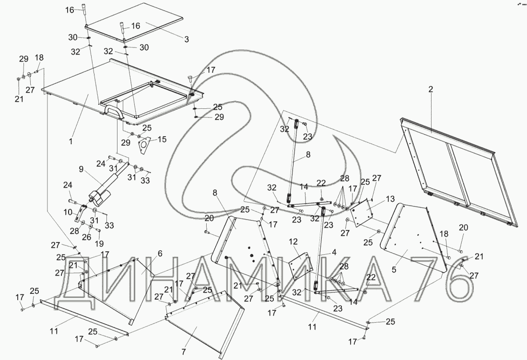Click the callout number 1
tap(71, 142)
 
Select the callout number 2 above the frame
tap(430, 89)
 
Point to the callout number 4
tap(333, 252)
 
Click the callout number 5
tap(394, 270)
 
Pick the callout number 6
tap(160, 254)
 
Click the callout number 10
tap(68, 212)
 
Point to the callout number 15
tap(163, 139)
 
